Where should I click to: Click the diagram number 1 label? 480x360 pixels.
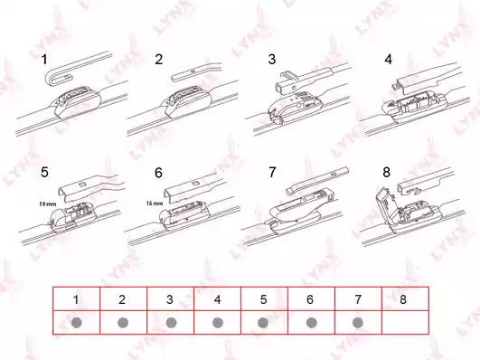[44, 60]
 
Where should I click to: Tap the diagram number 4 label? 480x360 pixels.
[388, 59]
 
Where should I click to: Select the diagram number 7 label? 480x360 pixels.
[272, 172]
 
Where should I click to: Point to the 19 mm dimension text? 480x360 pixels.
[47, 204]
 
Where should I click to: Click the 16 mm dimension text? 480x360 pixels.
[155, 204]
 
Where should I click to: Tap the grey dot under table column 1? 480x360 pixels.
[76, 322]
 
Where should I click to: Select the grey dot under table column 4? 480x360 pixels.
[218, 322]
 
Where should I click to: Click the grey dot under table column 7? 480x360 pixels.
[358, 322]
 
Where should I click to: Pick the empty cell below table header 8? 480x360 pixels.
[405, 322]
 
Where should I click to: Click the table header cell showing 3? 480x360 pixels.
[170, 298]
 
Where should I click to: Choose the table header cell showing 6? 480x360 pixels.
[311, 298]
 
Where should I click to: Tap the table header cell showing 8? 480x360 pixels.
[405, 298]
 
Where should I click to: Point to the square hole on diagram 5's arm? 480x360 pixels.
[82, 185]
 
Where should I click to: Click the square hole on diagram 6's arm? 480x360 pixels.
[195, 184]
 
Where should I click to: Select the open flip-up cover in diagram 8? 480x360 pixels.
[385, 203]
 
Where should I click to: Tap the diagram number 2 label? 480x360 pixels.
[158, 59]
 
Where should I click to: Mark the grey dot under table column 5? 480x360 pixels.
[263, 322]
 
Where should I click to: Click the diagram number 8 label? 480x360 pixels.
[386, 172]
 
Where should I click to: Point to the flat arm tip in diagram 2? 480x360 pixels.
[176, 77]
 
